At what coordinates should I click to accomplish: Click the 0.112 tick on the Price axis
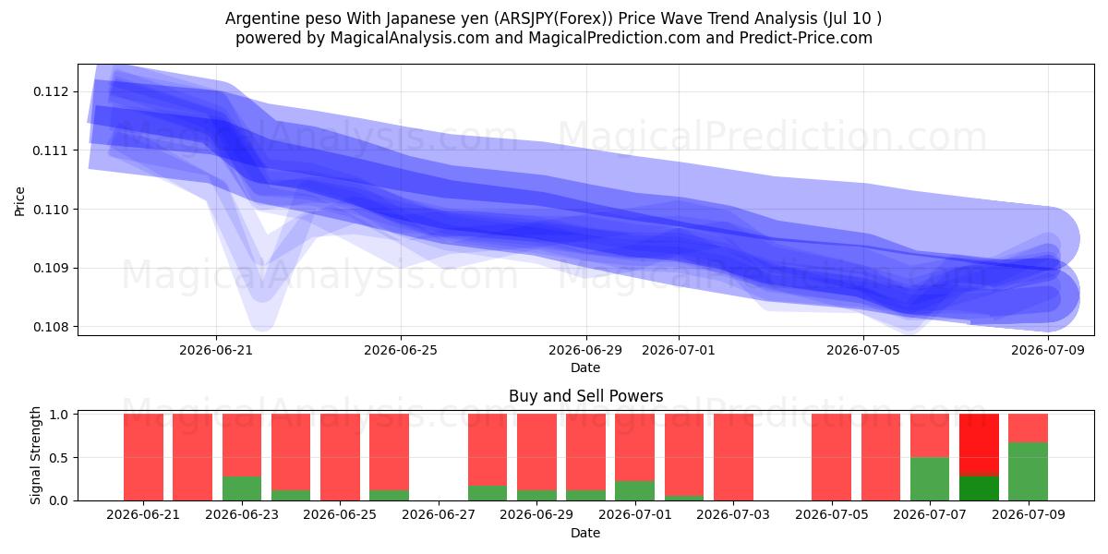tap(52, 91)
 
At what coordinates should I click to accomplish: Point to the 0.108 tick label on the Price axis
tap(52, 327)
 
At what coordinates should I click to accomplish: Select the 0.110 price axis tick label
tap(52, 210)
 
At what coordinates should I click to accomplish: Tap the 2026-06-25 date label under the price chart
tap(401, 350)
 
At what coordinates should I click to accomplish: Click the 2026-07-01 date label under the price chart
tap(678, 350)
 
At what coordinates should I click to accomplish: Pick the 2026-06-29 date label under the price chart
tap(585, 350)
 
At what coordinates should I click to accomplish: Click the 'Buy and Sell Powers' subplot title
tap(585, 396)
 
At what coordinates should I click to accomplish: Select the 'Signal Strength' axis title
tap(35, 455)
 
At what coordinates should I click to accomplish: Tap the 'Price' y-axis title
tap(19, 201)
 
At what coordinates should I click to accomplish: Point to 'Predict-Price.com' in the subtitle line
tap(806, 38)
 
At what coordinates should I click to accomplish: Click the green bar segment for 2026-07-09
tap(1028, 472)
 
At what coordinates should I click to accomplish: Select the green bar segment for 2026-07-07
tap(930, 479)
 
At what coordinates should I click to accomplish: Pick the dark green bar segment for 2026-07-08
tap(979, 488)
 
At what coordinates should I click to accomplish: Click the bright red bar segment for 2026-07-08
tap(979, 445)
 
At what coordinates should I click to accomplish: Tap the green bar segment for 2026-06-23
tap(242, 488)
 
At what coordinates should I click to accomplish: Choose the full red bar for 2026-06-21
tap(143, 457)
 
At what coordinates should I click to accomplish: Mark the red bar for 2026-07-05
tap(832, 457)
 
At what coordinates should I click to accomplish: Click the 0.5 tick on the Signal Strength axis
tap(60, 458)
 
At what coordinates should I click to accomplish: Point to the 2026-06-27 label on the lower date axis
tap(439, 514)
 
